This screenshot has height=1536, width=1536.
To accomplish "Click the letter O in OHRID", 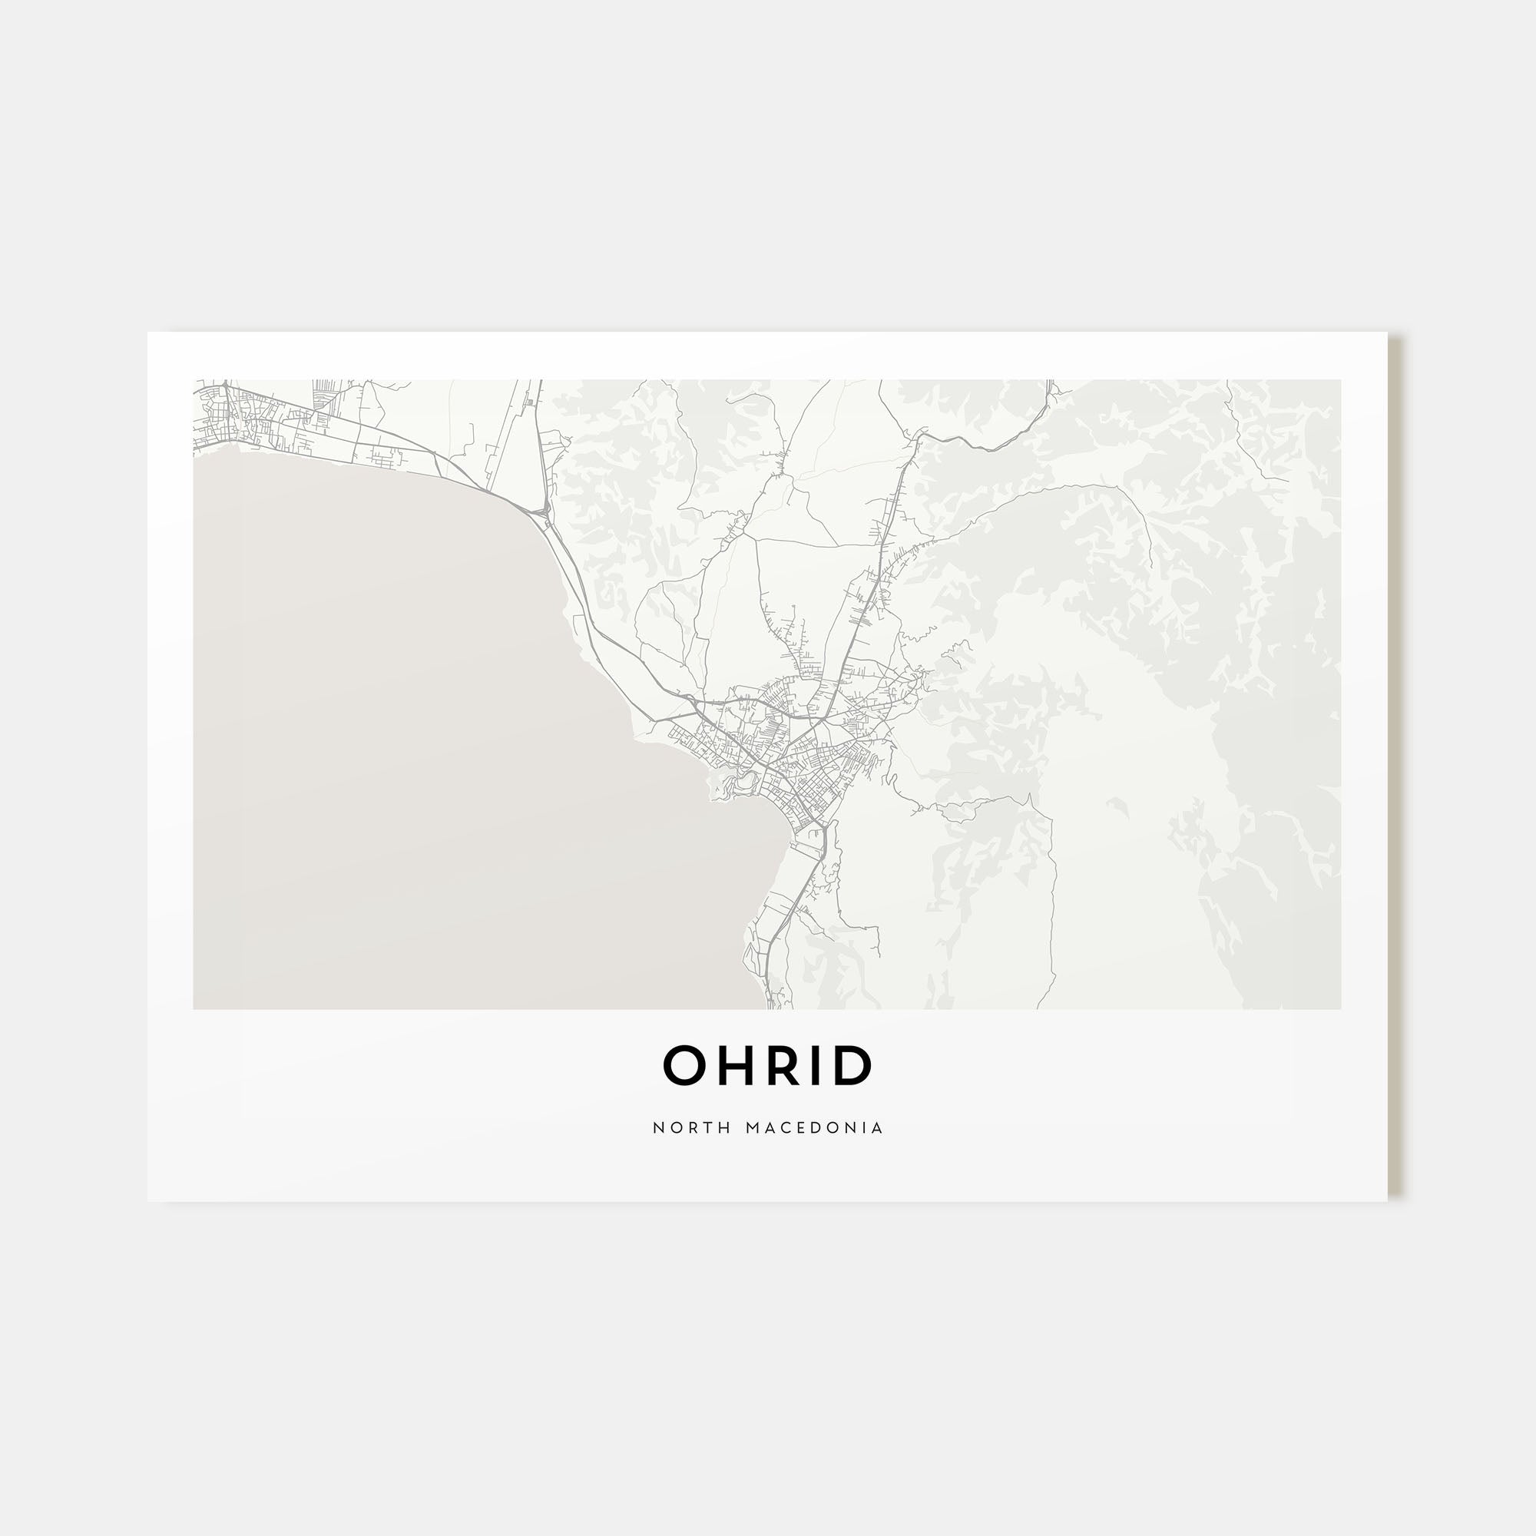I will pyautogui.click(x=684, y=1066).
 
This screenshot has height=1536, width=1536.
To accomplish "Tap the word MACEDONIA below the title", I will pyautogui.click(x=815, y=1128).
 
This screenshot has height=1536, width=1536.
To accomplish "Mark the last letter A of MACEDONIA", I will pyautogui.click(x=878, y=1128).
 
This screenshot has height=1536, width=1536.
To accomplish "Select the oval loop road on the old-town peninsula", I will pyautogui.click(x=745, y=783).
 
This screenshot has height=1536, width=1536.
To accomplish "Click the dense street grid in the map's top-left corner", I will pyautogui.click(x=230, y=413).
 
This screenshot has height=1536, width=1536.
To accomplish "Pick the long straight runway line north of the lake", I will pyautogui.click(x=509, y=437).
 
